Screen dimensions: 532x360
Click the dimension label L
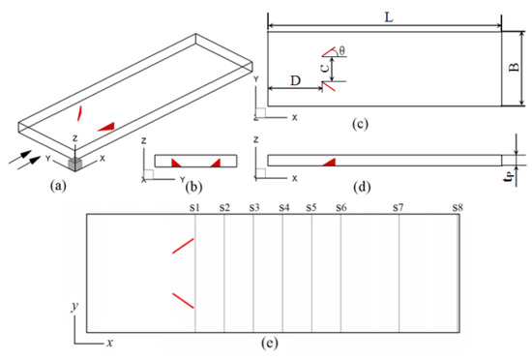coord(389,17)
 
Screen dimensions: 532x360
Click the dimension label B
coord(515,67)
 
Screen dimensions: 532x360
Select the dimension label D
coord(296,80)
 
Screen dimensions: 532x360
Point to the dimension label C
coord(325,68)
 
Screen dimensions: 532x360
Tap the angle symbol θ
coord(341,51)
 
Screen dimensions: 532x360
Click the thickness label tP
coord(509,176)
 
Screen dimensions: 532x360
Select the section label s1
coord(194,207)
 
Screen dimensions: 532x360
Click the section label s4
coord(284,207)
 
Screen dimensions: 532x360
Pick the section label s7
coord(399,207)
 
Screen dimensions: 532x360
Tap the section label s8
coord(458,207)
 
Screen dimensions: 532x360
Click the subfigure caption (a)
coord(58,186)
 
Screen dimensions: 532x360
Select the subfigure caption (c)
coord(360,124)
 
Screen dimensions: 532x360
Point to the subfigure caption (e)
coord(270,343)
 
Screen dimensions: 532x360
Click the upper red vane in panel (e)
coord(183,246)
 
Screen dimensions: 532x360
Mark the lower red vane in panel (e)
coord(183,301)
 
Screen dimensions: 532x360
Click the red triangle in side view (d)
coord(331,163)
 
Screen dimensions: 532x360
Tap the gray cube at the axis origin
coord(75,164)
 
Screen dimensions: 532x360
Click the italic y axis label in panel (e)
coord(74,307)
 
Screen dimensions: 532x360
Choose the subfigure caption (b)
coord(194,186)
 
